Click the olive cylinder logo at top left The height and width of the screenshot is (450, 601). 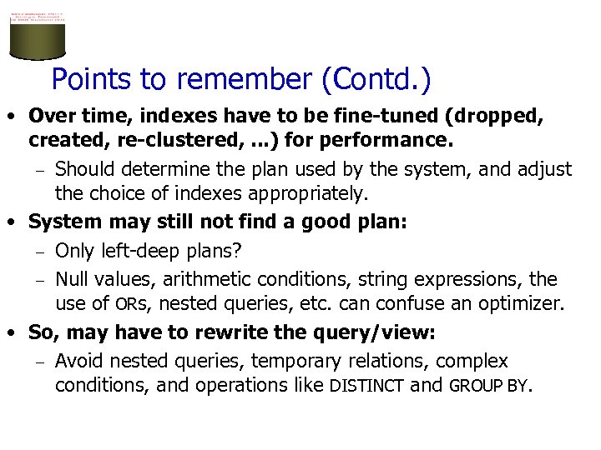pos(37,37)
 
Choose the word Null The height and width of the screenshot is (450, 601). pos(73,278)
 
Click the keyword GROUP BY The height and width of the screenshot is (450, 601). pos(488,387)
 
